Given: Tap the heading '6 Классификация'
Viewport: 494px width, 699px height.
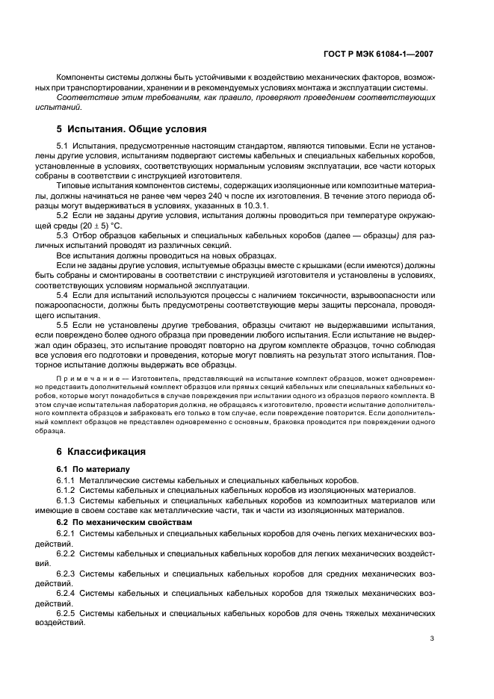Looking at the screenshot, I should tap(102, 452).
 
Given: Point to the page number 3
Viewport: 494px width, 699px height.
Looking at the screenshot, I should tap(432, 638).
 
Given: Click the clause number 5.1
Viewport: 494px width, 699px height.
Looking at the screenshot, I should tap(64, 147).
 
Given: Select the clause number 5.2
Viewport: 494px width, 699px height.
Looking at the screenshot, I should tap(64, 215).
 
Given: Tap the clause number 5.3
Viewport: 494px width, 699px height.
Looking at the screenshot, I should tap(64, 235).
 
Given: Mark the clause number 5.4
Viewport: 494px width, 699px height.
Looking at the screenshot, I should tap(64, 294).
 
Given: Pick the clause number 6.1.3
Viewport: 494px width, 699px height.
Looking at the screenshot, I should tap(67, 500).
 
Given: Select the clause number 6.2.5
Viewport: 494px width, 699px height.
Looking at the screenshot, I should tap(67, 612).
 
